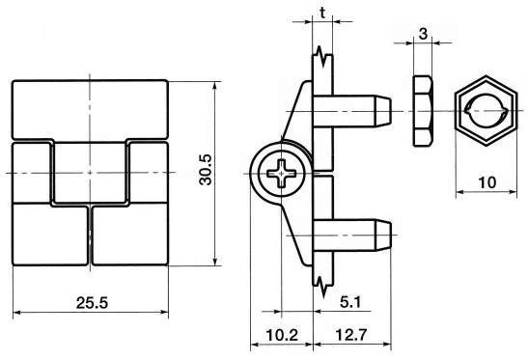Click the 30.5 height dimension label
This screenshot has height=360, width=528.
206,170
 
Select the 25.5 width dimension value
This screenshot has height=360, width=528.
92,303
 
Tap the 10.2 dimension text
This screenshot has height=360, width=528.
282,335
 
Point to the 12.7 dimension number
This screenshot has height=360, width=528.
351,335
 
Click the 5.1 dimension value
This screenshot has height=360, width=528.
350,302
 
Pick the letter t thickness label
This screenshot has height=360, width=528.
322,13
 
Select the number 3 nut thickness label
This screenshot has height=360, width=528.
423,34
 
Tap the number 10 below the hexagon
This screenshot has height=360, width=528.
486,182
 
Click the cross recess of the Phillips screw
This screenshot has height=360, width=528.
282,174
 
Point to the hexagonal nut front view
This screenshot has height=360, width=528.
486,111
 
